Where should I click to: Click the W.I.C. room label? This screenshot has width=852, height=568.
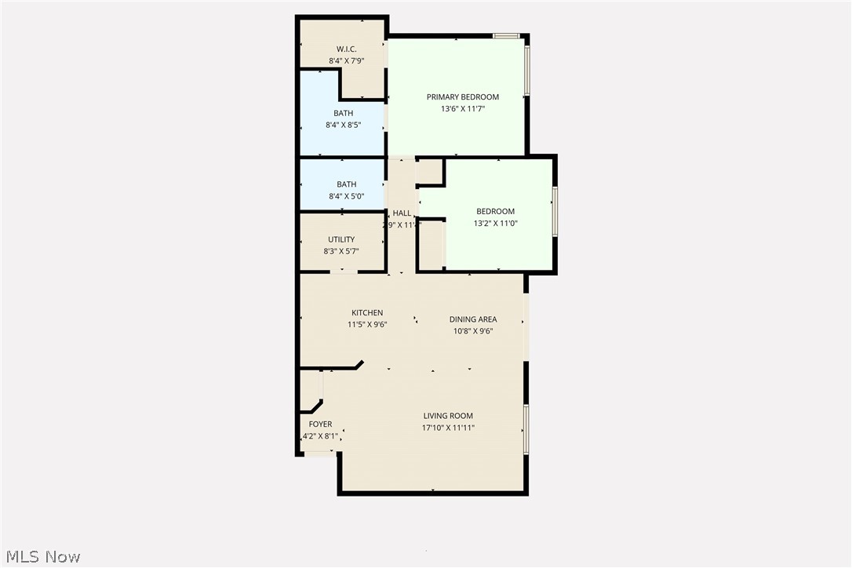coord(343,49)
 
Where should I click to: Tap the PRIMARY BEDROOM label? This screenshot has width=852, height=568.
coord(463,97)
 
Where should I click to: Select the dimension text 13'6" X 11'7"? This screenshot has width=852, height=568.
coord(463,109)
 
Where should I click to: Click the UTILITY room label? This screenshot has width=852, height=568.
coord(341,239)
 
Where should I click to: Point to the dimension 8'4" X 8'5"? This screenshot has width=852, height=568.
coord(343,125)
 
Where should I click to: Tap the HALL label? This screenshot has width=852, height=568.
coord(402,213)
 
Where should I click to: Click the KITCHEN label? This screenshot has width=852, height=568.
coord(367,313)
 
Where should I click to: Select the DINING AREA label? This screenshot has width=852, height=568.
coord(473,319)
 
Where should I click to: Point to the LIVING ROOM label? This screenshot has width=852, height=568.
coord(448,416)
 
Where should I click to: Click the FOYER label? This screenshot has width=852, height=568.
coord(320,424)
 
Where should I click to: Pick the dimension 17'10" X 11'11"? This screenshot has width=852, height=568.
coord(448,428)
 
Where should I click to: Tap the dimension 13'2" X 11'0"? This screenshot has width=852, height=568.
coord(496,223)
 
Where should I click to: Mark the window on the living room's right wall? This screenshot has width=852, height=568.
coord(526,428)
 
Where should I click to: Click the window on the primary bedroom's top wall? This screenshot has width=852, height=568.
coord(506,35)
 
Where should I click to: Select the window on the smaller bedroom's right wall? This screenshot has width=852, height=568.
coord(555,211)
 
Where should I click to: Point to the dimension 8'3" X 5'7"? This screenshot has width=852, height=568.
coord(341,251)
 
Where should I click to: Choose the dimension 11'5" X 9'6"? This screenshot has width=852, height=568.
coord(367,324)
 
